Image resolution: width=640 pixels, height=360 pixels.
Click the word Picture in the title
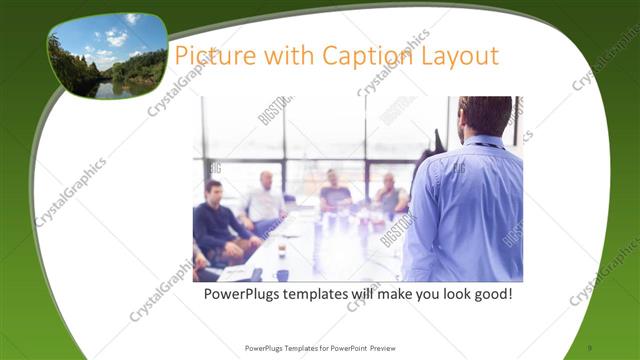click(x=209, y=55)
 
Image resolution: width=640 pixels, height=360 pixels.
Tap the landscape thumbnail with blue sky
click(x=107, y=55)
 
